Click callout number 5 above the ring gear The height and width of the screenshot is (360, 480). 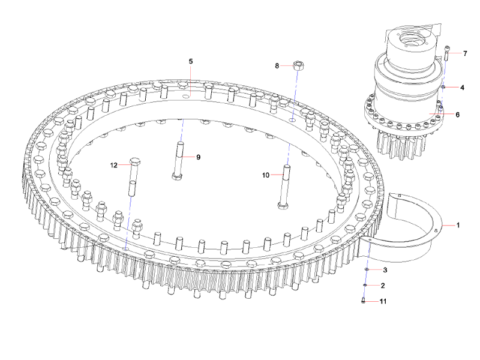pos(191,61)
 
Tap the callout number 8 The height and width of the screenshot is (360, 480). pos(277,65)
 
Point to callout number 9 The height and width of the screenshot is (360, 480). pos(198,157)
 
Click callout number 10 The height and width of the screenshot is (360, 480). pos(266,175)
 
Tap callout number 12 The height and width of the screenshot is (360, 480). pos(113,164)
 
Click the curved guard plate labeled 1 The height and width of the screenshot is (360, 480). pos(414,225)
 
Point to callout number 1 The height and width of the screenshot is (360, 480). pos(458,226)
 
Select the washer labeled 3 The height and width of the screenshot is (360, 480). pos(366,271)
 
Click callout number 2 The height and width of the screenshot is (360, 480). pos(383,286)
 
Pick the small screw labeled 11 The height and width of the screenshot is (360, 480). pos(364,301)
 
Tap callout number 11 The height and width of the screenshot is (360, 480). pos(383,301)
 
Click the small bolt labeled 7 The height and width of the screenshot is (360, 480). pos(447,55)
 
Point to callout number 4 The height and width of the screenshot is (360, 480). pos(462,88)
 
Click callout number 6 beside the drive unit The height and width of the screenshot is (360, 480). pos(457,114)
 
